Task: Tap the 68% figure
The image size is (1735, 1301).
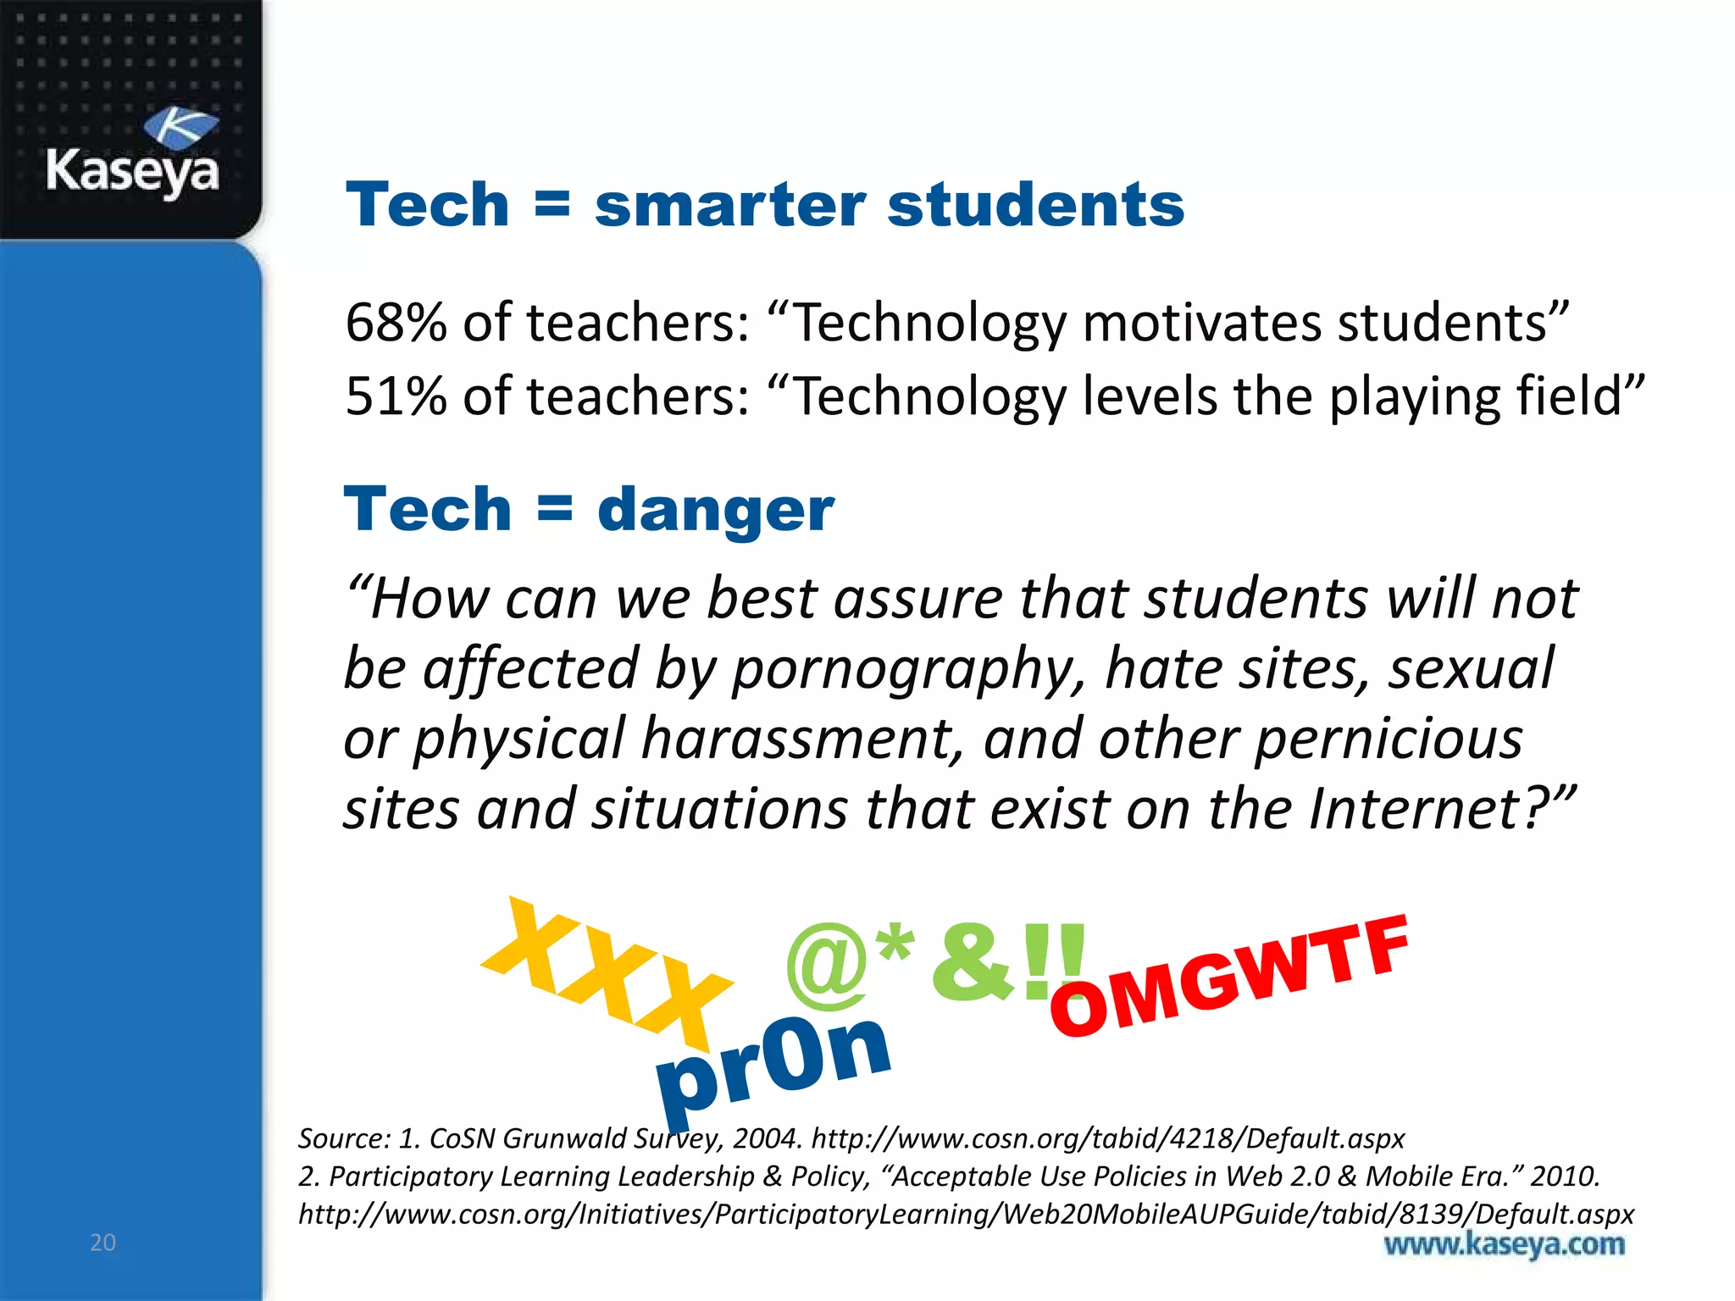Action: click(396, 323)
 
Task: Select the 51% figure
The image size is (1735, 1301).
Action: click(396, 396)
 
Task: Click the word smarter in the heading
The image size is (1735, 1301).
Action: click(729, 206)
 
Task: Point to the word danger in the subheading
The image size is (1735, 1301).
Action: click(716, 510)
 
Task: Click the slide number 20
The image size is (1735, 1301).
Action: click(103, 1243)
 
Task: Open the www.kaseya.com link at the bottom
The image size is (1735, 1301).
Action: click(1504, 1245)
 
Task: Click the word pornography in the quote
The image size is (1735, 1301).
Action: click(907, 669)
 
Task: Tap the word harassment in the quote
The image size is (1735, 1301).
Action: click(801, 739)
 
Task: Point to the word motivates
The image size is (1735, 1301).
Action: click(1200, 323)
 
